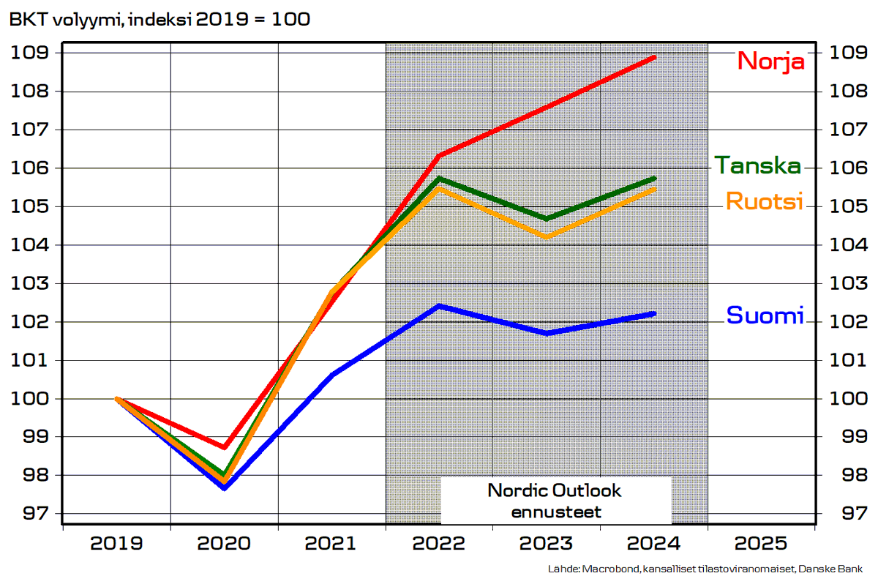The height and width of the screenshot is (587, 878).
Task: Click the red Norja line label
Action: click(771, 60)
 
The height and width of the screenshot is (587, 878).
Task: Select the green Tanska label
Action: click(757, 165)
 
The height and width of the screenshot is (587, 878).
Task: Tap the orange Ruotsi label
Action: click(764, 201)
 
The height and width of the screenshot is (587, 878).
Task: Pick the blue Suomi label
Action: click(765, 315)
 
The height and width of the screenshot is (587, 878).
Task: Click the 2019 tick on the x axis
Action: click(117, 544)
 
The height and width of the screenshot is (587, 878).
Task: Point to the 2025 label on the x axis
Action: click(762, 544)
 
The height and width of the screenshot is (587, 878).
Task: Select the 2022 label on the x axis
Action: click(440, 544)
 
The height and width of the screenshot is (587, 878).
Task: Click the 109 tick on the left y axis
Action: click(29, 53)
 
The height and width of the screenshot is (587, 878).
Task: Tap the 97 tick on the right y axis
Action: click(849, 513)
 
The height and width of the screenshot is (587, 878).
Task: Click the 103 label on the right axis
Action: click(849, 283)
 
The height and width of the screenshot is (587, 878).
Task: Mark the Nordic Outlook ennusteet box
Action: click(555, 501)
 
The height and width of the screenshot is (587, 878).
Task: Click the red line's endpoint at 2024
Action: click(654, 57)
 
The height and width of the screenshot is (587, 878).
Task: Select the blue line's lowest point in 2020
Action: click(225, 487)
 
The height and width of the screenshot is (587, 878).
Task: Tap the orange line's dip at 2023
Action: click(547, 237)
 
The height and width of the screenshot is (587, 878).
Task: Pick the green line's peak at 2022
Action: click(439, 178)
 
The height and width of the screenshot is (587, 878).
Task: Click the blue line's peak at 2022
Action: click(439, 306)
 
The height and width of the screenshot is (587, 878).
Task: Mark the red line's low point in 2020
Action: click(225, 447)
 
